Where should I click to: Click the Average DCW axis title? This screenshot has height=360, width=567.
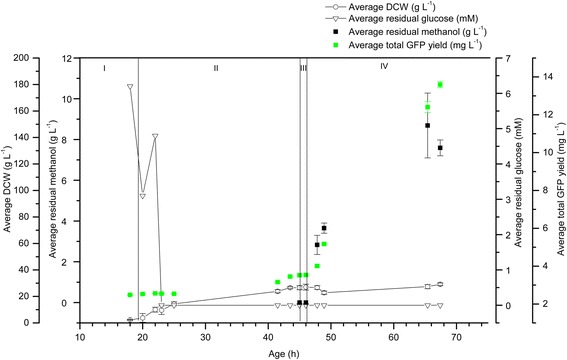point(7,190)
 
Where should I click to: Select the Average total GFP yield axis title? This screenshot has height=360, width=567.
point(560,190)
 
